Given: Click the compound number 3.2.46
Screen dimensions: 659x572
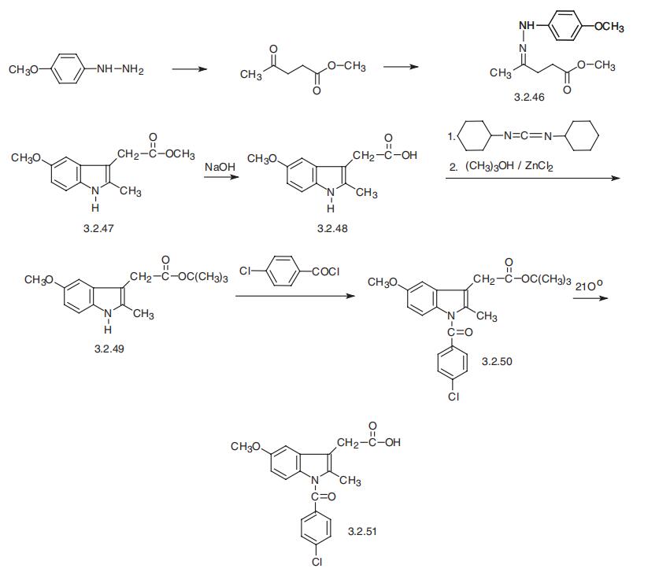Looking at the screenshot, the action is (x=529, y=97).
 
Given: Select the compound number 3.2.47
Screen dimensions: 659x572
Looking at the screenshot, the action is (x=98, y=228).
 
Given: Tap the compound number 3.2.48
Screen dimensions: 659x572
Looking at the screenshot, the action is (x=332, y=228).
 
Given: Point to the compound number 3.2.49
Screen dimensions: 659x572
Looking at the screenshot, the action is (x=109, y=349).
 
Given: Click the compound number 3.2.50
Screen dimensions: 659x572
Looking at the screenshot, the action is (x=497, y=361).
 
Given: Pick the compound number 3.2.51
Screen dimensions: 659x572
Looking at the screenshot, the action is (x=362, y=531).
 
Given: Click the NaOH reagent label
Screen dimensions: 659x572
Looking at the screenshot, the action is (x=220, y=167).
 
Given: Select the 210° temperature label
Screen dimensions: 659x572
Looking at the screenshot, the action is (x=588, y=286).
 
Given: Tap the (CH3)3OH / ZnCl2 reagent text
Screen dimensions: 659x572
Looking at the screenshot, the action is (x=509, y=166).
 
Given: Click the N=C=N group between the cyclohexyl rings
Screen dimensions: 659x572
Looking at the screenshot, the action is (x=528, y=135).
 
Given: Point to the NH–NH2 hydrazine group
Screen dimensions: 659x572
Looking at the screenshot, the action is (x=120, y=69).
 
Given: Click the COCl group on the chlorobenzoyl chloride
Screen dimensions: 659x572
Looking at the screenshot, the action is (x=326, y=271).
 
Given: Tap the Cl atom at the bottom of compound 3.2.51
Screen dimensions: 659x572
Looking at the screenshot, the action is (x=317, y=562).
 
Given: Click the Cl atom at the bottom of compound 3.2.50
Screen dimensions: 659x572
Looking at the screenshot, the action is (x=454, y=396).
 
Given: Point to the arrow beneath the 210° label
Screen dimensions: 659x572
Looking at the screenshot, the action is (x=591, y=298).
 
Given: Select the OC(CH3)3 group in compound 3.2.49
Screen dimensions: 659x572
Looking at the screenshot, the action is (x=203, y=277).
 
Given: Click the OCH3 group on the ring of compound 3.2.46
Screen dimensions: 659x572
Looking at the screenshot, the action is (x=609, y=27).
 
